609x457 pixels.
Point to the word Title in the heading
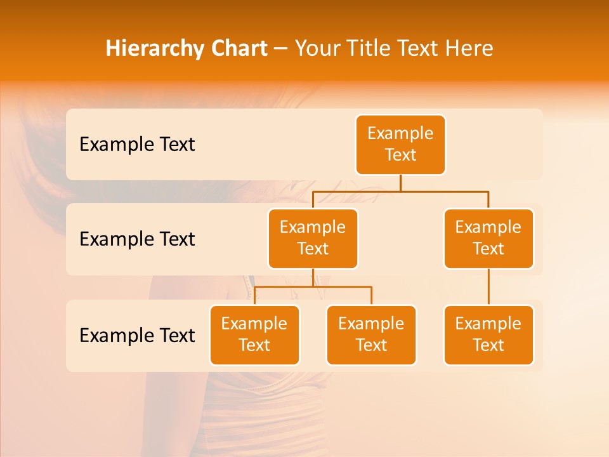coord(368,49)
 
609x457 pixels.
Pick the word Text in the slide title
coord(419,49)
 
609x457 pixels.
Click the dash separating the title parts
coord(281,49)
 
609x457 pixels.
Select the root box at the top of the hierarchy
coord(400,144)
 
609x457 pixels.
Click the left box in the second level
coord(313,238)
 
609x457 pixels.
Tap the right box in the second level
coord(488,238)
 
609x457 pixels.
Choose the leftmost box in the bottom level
coord(254,334)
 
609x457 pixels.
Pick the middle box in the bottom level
coord(371,334)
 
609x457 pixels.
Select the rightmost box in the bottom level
coord(488,334)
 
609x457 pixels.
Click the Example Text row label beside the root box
coord(137,145)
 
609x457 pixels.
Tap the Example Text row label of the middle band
coord(137,239)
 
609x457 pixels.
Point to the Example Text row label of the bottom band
coord(137,336)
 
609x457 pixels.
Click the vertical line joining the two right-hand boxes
coord(488,287)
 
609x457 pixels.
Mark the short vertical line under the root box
coord(400,183)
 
